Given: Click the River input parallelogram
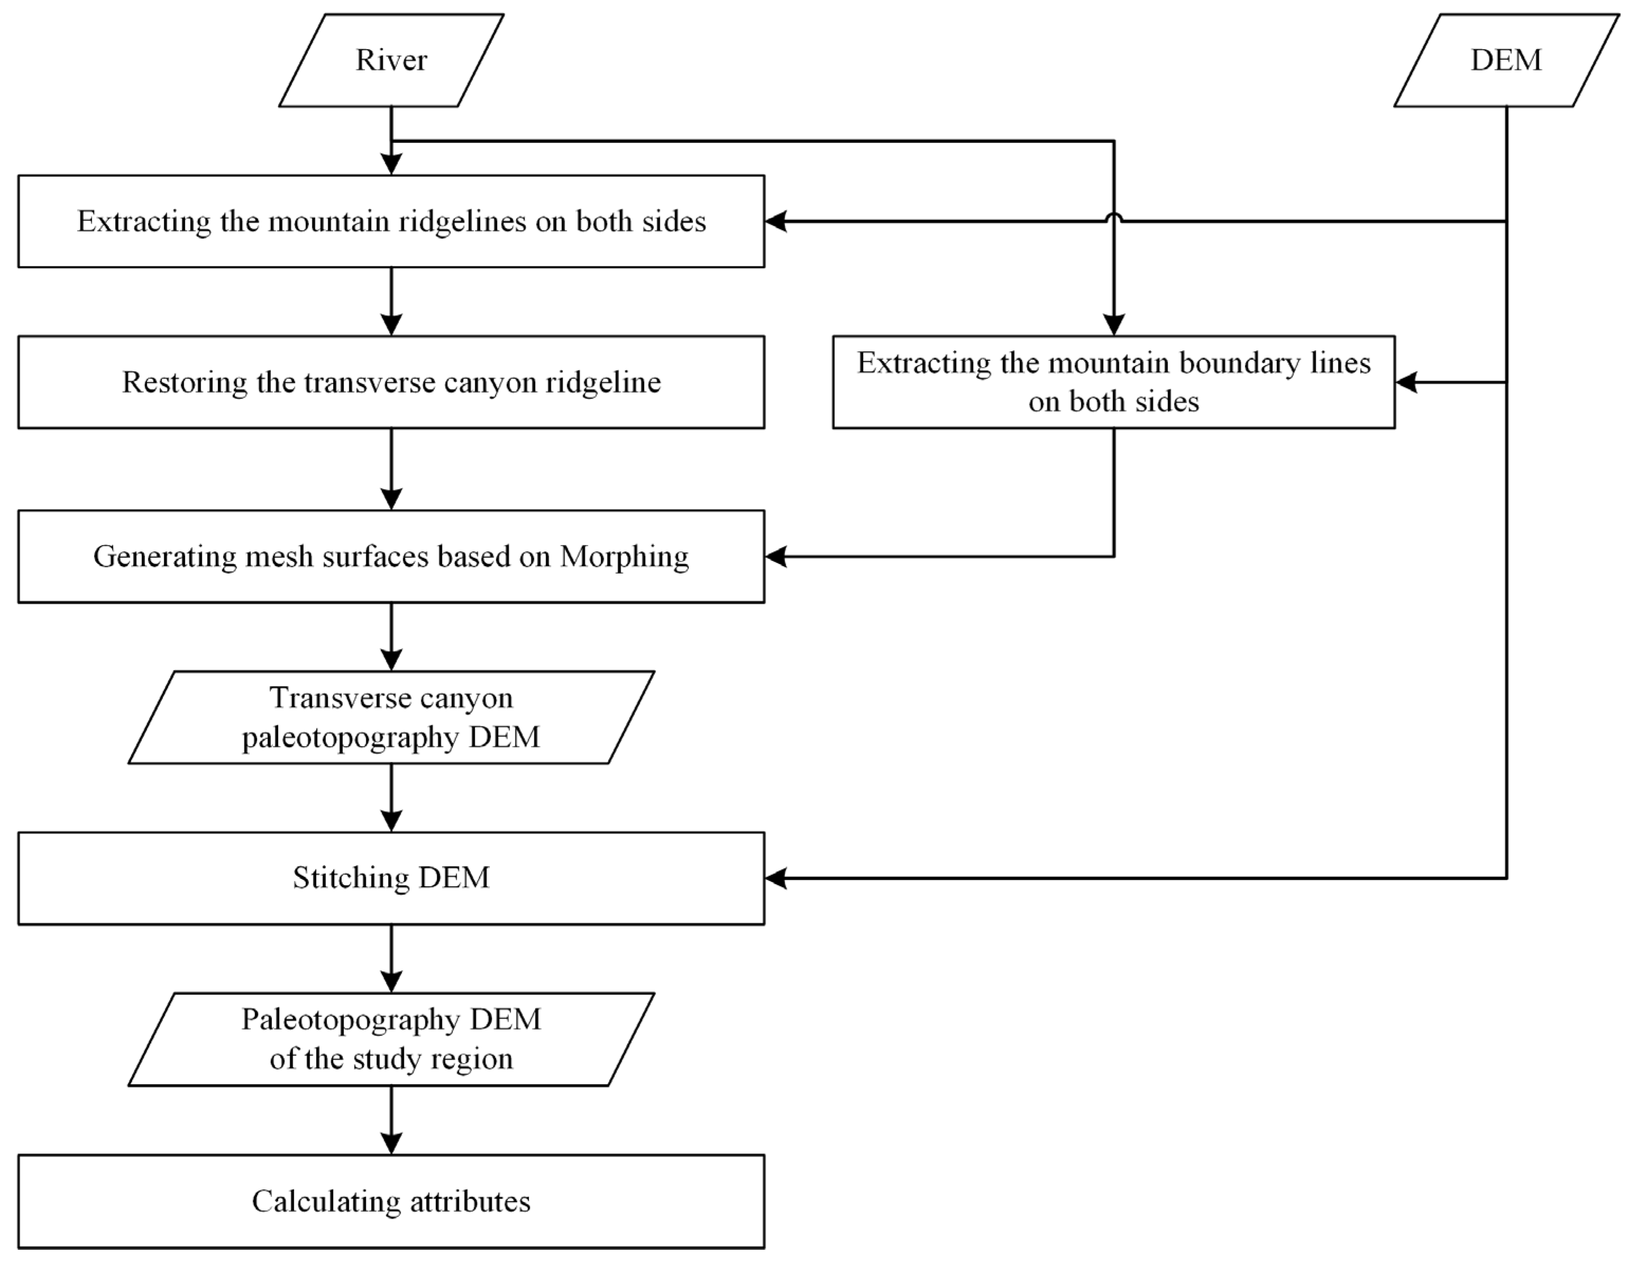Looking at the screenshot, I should tap(391, 60).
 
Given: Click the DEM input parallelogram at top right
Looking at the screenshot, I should tap(1505, 60).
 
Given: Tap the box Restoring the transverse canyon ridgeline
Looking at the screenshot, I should tap(391, 382).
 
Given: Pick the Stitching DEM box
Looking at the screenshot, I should tap(391, 878).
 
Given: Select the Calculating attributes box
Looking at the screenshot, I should tap(391, 1201).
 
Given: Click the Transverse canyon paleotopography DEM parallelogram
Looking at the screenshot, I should tap(391, 717).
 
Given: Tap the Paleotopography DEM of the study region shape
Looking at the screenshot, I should tap(391, 1039).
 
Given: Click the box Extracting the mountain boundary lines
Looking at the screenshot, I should tap(1114, 382).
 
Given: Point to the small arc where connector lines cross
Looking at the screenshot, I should tap(1114, 217).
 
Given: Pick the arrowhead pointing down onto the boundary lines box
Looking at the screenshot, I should tap(1114, 324).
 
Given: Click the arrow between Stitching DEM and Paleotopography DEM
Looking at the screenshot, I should tap(391, 959).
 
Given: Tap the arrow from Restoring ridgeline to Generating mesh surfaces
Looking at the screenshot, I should tap(391, 469).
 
